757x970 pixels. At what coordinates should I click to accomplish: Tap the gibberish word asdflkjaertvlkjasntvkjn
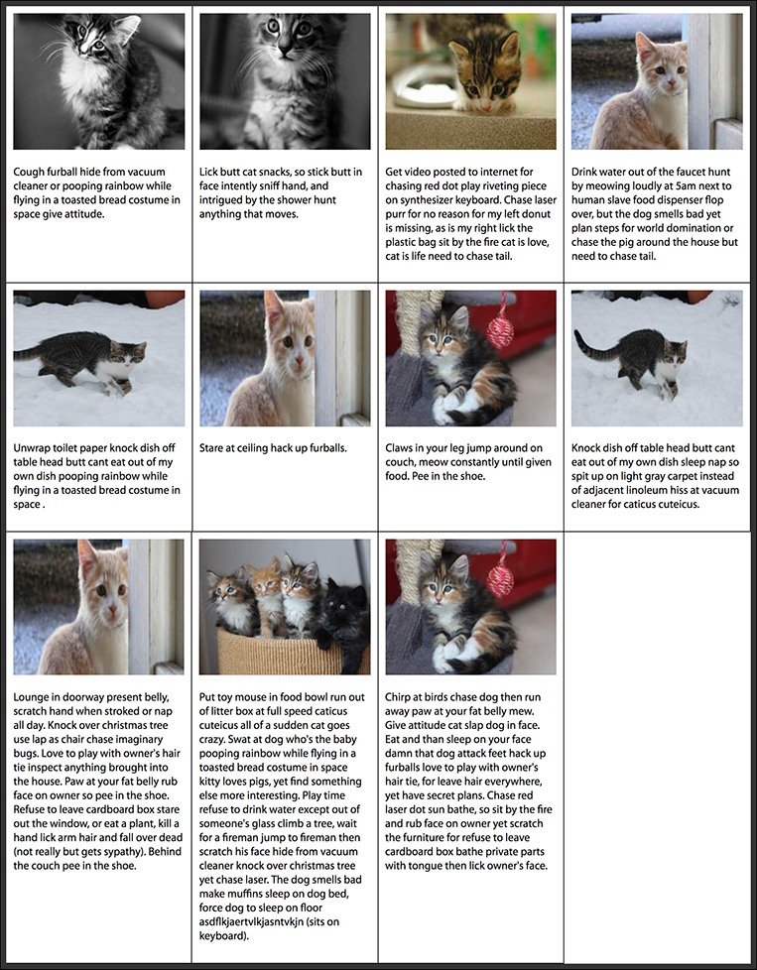(x=261, y=921)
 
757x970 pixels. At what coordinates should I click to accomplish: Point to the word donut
(x=537, y=213)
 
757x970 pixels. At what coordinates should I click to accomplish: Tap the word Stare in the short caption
(x=211, y=448)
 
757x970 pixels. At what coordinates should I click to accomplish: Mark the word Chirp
(x=398, y=697)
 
